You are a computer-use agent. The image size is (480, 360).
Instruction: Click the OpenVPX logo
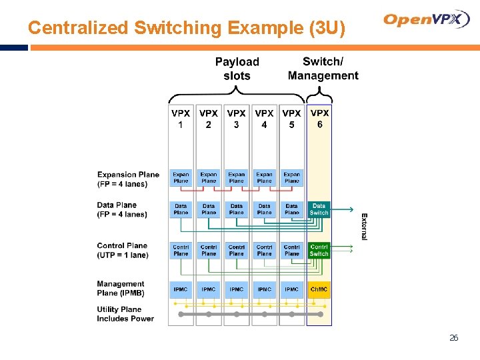427,20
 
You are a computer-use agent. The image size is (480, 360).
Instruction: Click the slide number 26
454,338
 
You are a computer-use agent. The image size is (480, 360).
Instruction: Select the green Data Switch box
319,209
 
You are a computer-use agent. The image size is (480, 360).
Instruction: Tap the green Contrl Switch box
319,250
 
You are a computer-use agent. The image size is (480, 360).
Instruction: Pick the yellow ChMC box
319,289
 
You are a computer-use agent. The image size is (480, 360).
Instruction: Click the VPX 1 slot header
181,119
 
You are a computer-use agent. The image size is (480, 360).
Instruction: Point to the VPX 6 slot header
320,119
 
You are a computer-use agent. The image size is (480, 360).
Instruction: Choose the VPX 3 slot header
237,119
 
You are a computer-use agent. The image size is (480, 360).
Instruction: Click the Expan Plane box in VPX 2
209,177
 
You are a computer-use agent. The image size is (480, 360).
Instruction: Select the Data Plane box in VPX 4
265,209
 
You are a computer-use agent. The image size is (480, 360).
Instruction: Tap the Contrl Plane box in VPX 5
292,250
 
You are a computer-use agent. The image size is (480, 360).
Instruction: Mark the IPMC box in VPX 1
181,289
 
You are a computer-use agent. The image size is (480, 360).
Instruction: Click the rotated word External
364,227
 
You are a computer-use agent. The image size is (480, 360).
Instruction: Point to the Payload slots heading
237,69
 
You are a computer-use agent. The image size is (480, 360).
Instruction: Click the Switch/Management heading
323,69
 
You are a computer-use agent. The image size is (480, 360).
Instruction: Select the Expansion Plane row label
128,179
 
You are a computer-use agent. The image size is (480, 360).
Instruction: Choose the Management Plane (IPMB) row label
121,288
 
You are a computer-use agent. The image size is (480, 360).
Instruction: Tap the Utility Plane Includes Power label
125,314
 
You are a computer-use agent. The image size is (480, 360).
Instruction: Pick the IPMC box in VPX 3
237,289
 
